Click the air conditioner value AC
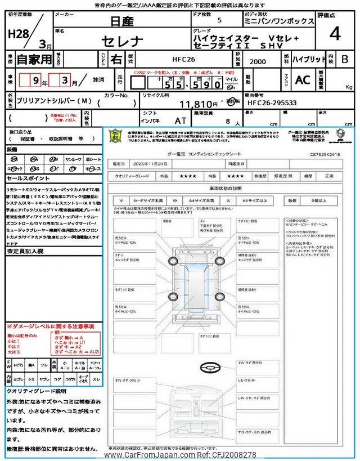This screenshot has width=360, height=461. point(303,80)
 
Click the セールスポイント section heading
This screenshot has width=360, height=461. point(26,177)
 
